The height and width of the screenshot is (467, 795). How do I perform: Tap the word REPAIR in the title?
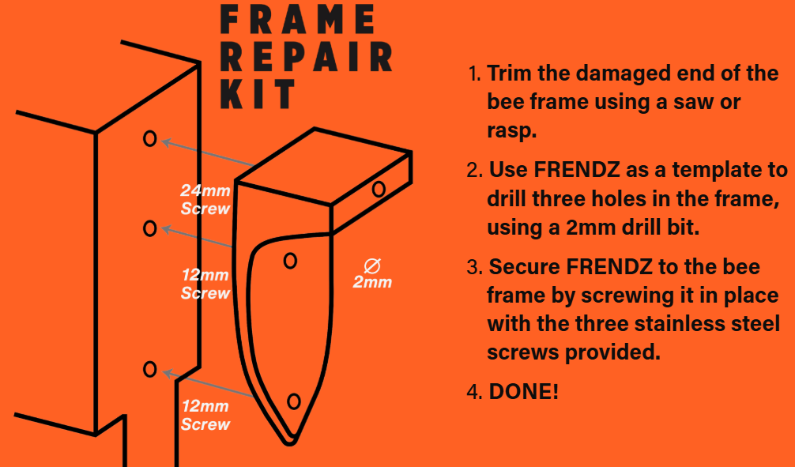pyautogui.click(x=306, y=57)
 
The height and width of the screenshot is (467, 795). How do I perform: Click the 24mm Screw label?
pyautogui.click(x=205, y=199)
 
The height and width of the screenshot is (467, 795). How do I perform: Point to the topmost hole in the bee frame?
pyautogui.click(x=149, y=139)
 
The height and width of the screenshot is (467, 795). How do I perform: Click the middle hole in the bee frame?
pyautogui.click(x=149, y=228)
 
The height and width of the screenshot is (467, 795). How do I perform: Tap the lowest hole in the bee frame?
pyautogui.click(x=149, y=368)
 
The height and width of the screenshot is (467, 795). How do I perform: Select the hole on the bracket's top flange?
pyautogui.click(x=379, y=188)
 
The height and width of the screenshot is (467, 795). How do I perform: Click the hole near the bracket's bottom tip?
pyautogui.click(x=294, y=401)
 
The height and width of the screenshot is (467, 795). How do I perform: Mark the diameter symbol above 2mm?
pyautogui.click(x=371, y=265)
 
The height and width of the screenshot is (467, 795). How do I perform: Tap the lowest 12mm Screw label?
pyautogui.click(x=205, y=416)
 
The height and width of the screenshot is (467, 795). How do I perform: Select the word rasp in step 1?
pyautogui.click(x=511, y=130)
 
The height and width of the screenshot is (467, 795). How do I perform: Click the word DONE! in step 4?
pyautogui.click(x=524, y=390)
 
